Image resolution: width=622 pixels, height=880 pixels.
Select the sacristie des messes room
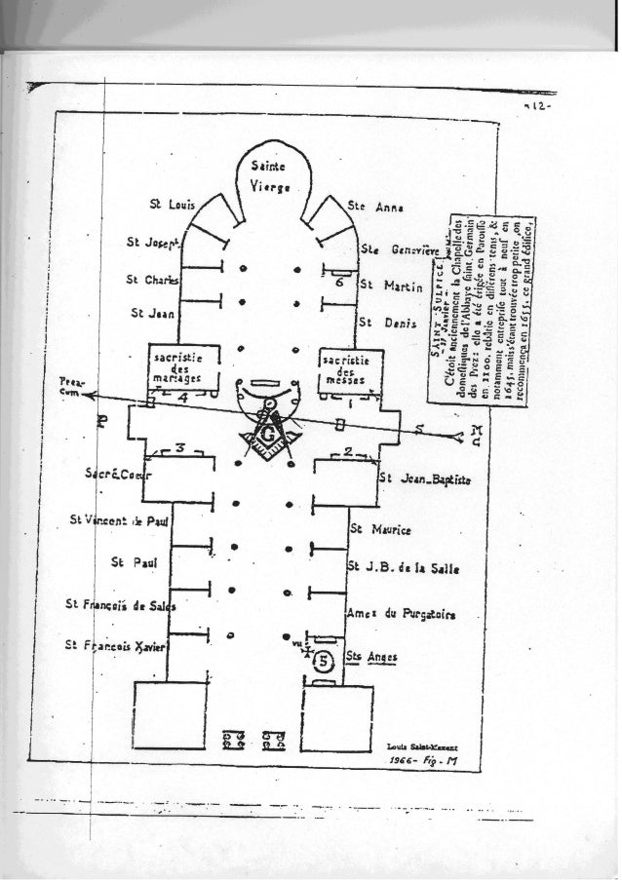(349, 370)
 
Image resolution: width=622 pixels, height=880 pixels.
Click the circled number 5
(323, 664)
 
